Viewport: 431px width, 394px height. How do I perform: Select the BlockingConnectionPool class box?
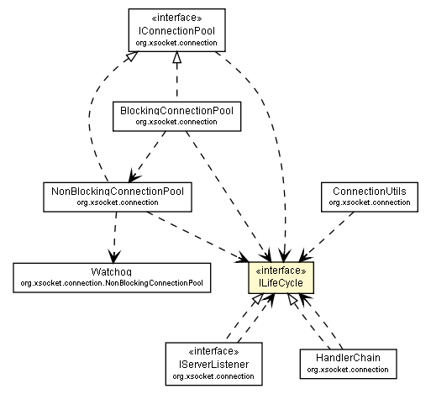[176, 114]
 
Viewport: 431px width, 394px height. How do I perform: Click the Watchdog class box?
[112, 278]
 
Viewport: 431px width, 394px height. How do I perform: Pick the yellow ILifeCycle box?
[281, 278]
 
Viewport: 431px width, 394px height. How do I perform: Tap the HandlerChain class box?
[347, 362]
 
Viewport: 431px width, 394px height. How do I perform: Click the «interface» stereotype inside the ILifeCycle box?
[281, 271]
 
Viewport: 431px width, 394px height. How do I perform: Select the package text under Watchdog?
[112, 284]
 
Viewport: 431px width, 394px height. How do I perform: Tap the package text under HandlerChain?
[347, 369]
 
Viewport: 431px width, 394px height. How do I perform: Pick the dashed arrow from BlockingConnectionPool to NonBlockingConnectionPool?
[151, 155]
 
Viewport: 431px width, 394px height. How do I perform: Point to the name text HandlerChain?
[347, 358]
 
